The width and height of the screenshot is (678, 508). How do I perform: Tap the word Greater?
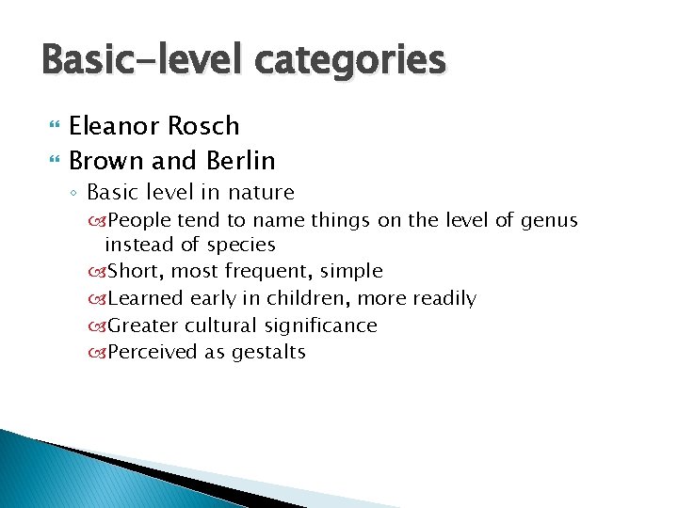coord(143,325)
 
